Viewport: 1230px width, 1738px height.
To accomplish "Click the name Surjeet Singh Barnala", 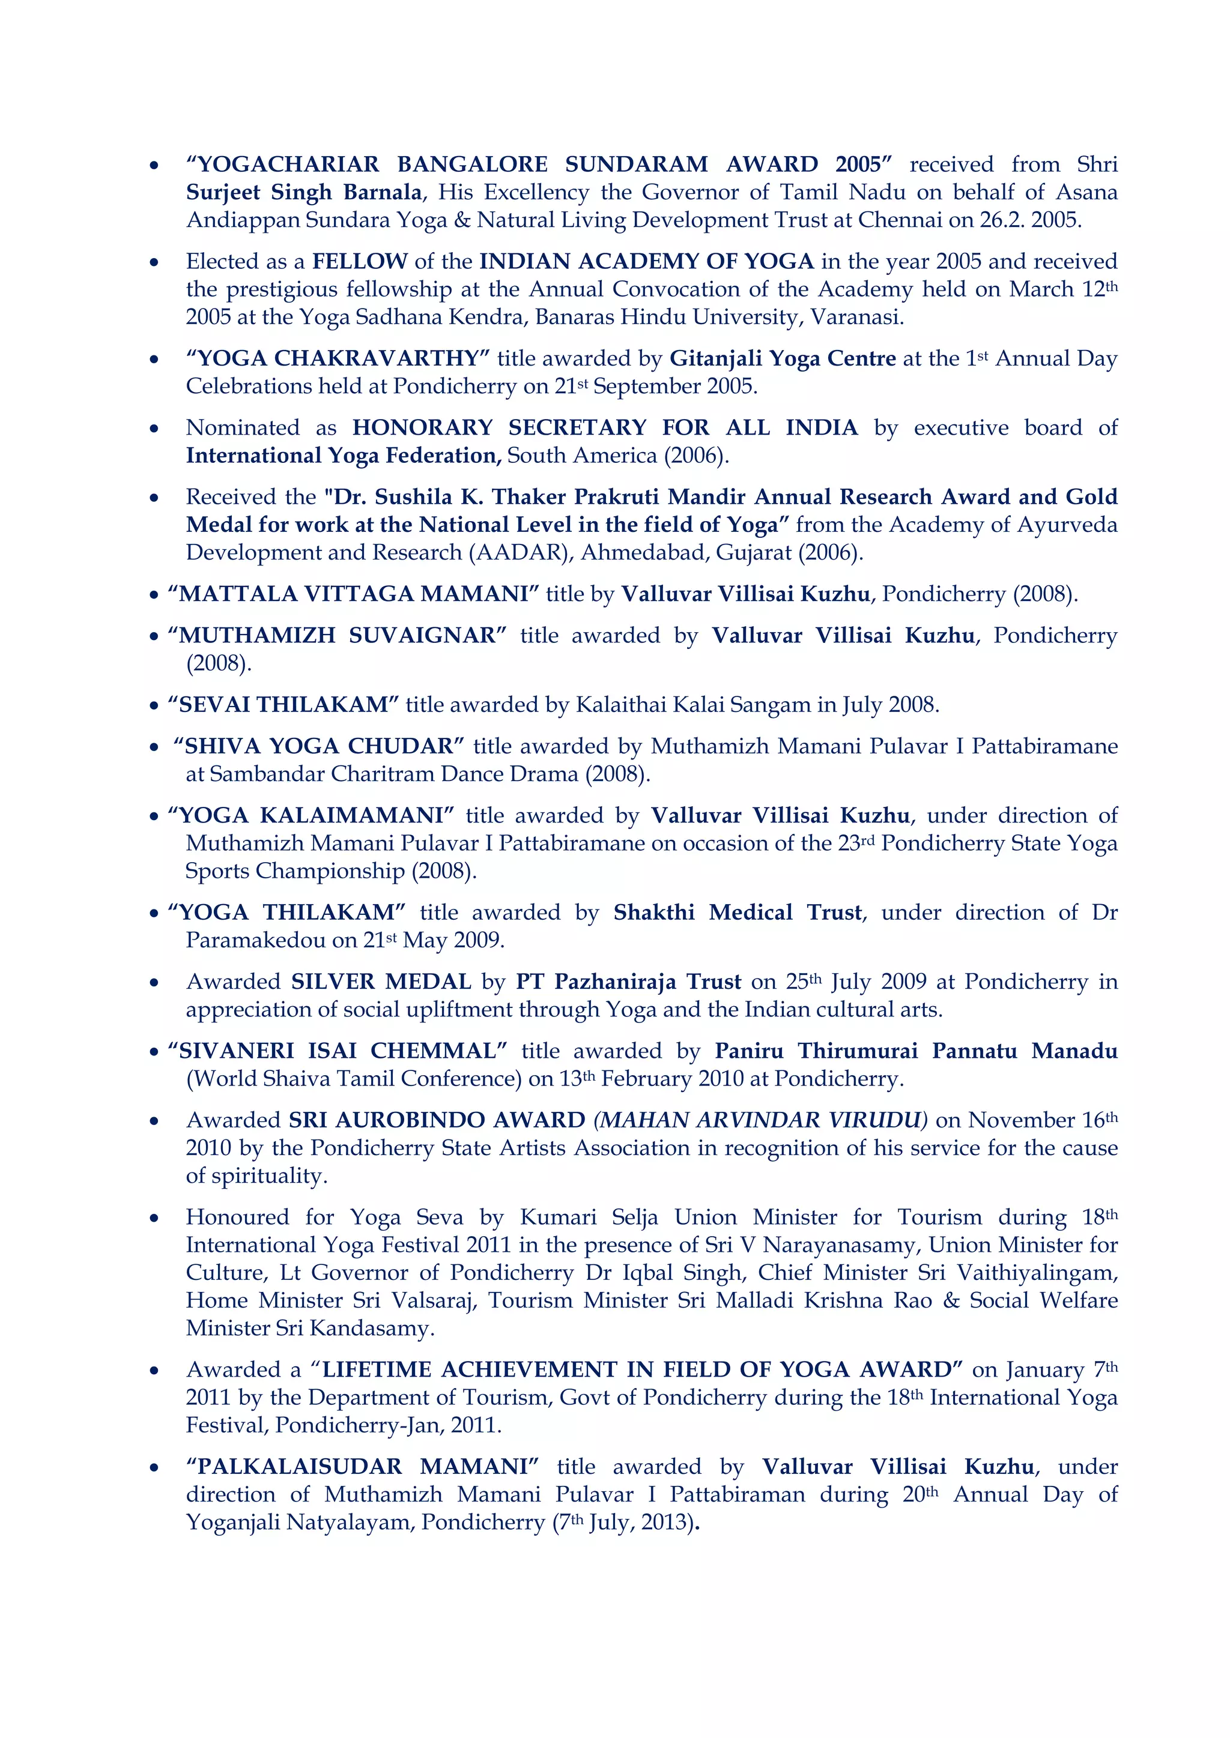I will pos(304,192).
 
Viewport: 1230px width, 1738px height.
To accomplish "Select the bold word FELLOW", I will pos(360,262).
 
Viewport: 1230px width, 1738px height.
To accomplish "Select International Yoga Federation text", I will pos(343,456).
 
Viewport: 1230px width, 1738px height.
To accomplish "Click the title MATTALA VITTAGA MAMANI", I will pos(353,594).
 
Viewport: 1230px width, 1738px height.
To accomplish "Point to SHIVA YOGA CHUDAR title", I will pos(318,747).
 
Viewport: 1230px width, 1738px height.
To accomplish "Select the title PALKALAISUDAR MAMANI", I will pos(363,1467).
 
